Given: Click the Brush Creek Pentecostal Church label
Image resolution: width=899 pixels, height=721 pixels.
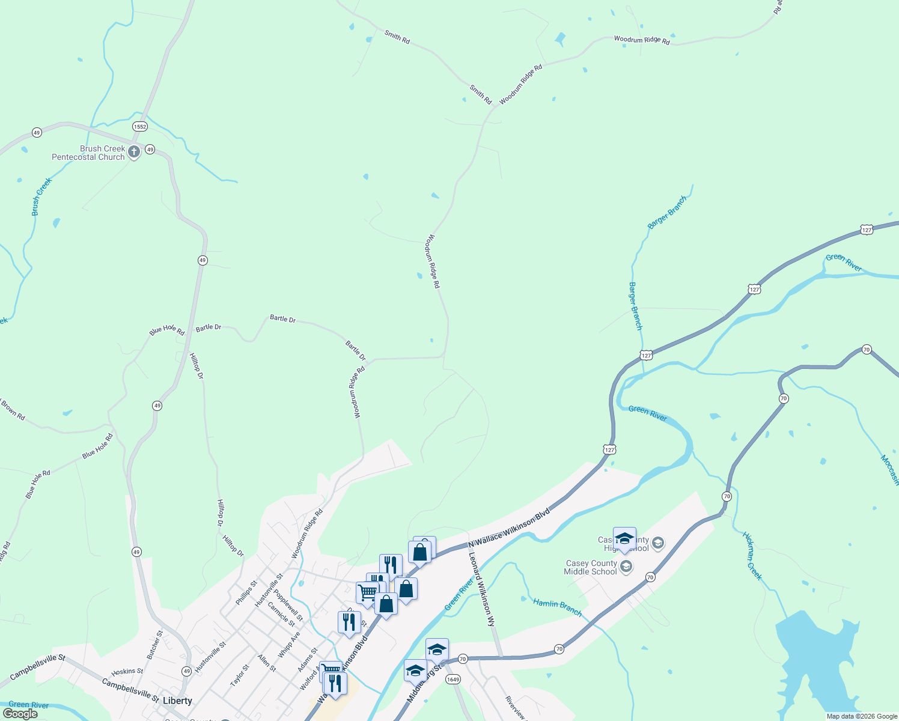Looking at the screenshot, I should point(88,153).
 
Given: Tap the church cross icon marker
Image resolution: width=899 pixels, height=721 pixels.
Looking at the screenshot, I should point(134,152).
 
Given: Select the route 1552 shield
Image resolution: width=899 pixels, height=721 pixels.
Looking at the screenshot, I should point(140,127).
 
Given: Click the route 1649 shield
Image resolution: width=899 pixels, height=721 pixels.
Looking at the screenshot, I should point(453,680).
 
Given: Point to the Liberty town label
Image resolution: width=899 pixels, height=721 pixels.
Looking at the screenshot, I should point(177,701).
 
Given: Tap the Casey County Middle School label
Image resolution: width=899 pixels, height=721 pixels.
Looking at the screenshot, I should point(591,567).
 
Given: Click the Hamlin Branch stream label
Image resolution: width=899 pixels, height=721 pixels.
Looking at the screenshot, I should point(557,607).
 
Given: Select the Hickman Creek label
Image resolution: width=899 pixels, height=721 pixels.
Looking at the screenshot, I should point(752,556).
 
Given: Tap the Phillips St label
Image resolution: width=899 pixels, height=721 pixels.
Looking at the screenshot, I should point(246,592).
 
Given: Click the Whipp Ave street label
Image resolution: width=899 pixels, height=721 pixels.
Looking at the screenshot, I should point(289,645).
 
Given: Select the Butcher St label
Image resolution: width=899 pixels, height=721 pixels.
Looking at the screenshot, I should point(155,645).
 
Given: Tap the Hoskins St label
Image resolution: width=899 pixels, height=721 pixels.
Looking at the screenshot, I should point(127,671).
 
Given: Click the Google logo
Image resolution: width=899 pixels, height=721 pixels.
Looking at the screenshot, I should point(20,714).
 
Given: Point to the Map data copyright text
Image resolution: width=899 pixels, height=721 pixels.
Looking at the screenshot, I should point(862,716).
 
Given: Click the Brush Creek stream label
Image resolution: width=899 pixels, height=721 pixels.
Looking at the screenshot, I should point(41,196).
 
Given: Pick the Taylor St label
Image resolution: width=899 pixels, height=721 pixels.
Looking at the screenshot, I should point(240,676).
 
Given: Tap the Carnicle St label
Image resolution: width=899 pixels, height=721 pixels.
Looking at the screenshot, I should point(281,614).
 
